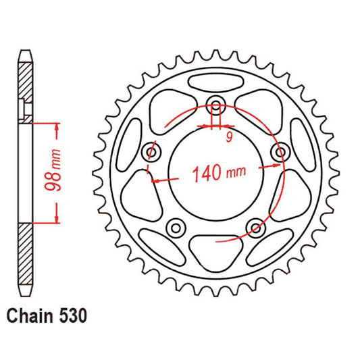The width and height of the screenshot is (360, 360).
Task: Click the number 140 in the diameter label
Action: [x=205, y=174]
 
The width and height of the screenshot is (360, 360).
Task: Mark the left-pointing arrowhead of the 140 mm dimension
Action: [x=156, y=180]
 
